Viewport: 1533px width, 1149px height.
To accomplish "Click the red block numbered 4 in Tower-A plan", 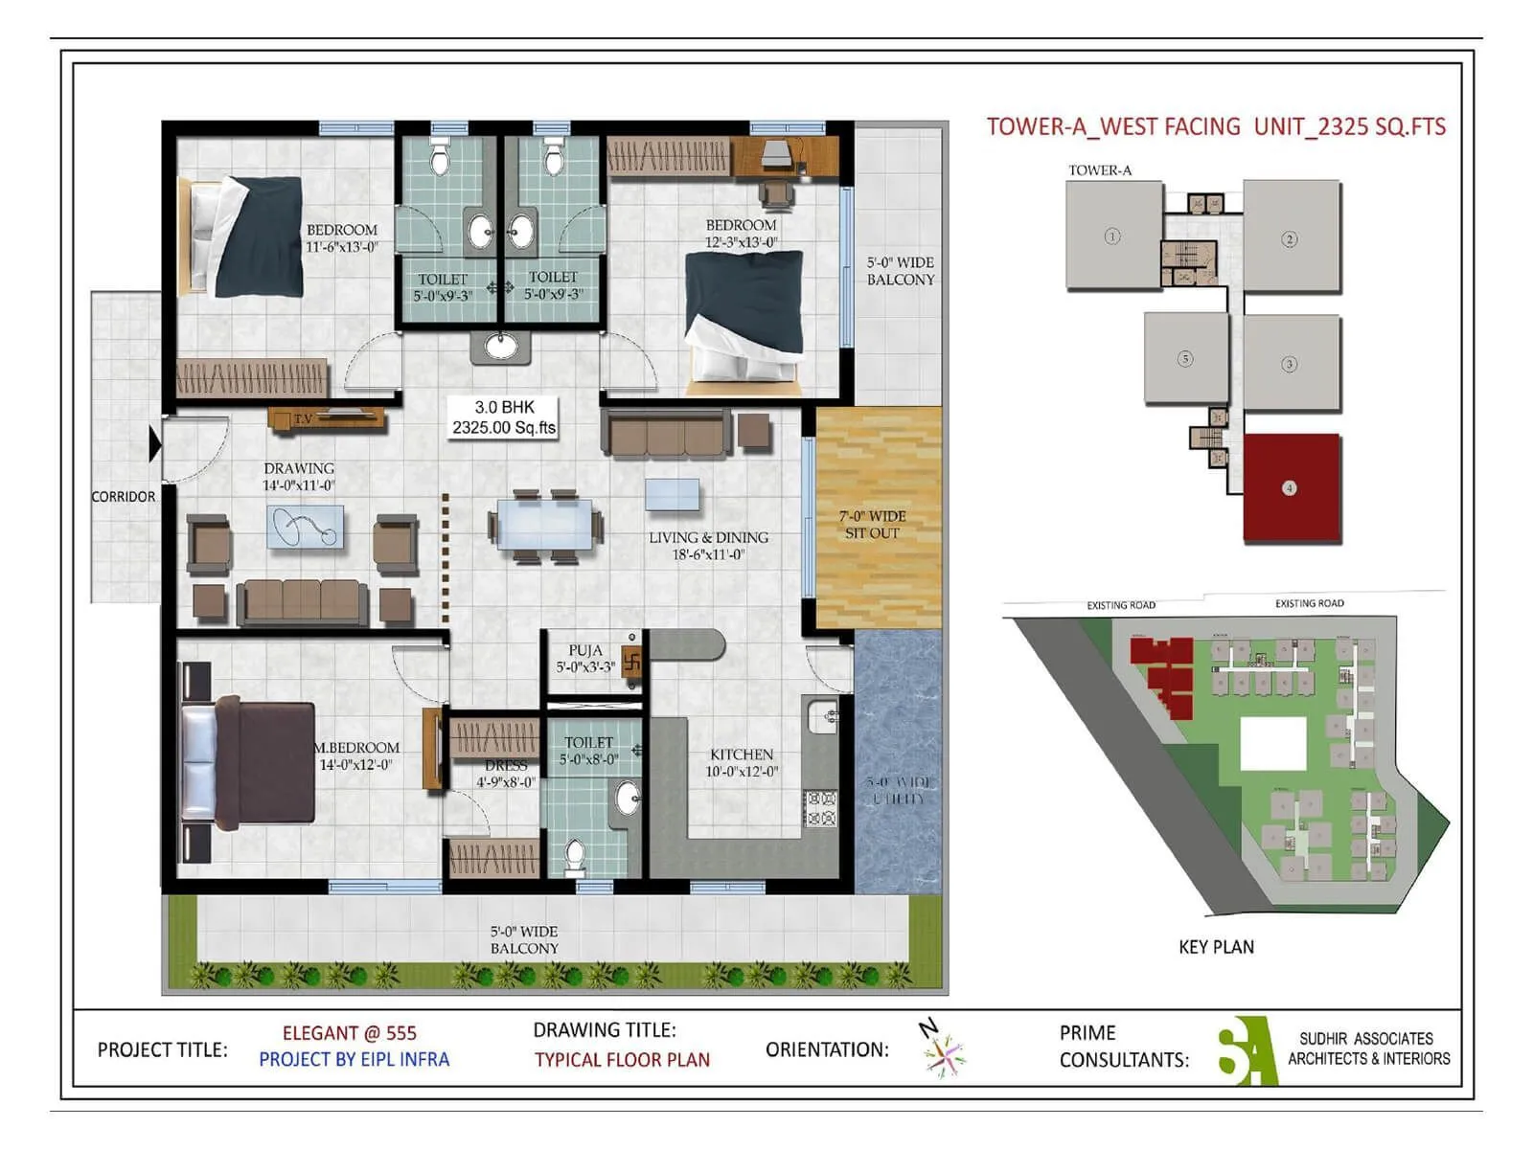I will coord(1291,488).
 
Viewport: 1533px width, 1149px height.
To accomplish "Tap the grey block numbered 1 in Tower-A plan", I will coord(1113,236).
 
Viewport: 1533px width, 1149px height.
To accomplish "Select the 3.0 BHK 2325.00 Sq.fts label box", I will coord(504,417).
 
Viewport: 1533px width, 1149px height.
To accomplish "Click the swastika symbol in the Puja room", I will coord(631,660).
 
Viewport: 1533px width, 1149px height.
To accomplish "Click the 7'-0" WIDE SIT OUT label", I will coord(872,525).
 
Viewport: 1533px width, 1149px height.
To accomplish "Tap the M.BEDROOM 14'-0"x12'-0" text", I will coord(356,755).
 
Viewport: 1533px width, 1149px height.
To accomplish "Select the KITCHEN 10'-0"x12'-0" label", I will coord(742,762).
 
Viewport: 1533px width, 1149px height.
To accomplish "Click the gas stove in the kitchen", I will coord(819,808).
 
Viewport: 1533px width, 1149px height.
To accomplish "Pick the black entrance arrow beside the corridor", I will coord(155,445).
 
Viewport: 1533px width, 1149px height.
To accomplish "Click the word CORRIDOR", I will coord(123,496).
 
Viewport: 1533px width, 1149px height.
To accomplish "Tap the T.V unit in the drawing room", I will coord(326,418).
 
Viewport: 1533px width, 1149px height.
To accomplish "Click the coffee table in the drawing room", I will coord(305,527).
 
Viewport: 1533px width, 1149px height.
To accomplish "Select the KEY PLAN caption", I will coord(1216,947).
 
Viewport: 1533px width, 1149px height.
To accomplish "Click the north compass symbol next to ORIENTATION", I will coord(944,1051).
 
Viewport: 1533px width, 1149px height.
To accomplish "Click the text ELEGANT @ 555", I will coord(349,1033).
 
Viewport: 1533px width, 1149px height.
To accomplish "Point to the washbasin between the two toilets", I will coord(500,345).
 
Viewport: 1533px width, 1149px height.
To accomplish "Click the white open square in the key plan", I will coord(1273,744).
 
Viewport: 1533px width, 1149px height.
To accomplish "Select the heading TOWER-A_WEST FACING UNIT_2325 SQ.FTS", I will coord(1216,126).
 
